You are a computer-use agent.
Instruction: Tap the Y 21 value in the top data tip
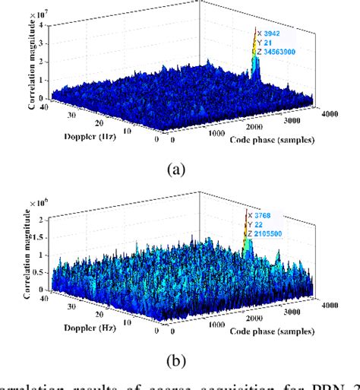(267, 43)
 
